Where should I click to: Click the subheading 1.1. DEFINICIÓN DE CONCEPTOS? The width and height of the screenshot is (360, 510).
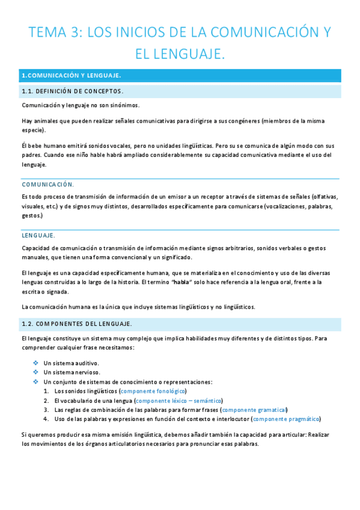[x=72, y=91]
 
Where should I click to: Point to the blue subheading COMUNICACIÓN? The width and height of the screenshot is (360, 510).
[x=47, y=184]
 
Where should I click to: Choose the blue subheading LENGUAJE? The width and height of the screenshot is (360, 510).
[x=38, y=235]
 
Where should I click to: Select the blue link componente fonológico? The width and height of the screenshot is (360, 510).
[x=153, y=391]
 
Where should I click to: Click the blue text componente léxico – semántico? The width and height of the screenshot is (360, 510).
[x=178, y=400]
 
